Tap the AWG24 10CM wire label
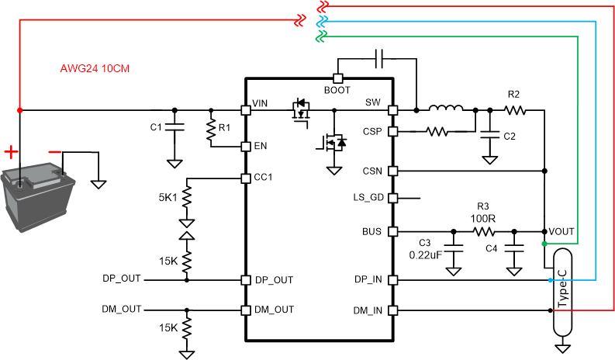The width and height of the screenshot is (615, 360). pos(95,68)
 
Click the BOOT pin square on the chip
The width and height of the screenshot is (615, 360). pos(338,78)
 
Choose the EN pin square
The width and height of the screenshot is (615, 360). pos(246,146)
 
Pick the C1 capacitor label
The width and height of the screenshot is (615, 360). pos(155,126)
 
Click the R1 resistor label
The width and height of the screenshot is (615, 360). pos(225,126)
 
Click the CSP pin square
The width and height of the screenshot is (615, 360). pos(392,132)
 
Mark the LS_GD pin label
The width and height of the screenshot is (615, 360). pos(368,198)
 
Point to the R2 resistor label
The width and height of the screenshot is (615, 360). pos(513,94)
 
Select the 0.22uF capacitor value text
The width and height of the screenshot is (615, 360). pos(425,254)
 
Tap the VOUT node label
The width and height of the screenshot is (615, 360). pos(562,232)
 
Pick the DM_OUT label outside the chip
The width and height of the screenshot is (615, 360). pos(122,309)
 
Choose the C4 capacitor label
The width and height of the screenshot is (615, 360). pos(491,248)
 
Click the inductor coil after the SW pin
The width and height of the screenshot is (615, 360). pos(446,109)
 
